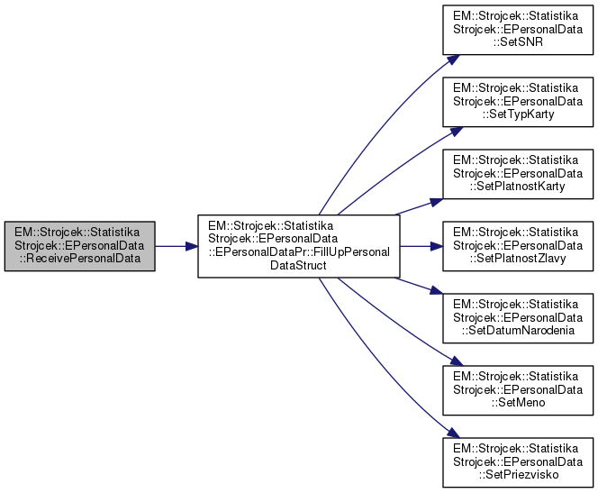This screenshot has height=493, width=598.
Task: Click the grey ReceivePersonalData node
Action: pos(79,245)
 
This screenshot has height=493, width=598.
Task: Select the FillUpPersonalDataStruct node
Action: pos(298,245)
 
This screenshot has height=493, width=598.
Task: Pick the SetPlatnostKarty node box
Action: pos(516,173)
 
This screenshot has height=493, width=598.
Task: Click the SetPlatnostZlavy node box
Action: pos(516,245)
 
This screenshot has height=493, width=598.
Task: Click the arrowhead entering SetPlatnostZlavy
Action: pos(436,245)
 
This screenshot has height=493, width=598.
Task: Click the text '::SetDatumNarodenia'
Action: pos(515,331)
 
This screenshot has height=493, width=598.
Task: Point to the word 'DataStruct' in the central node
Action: pos(298,268)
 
